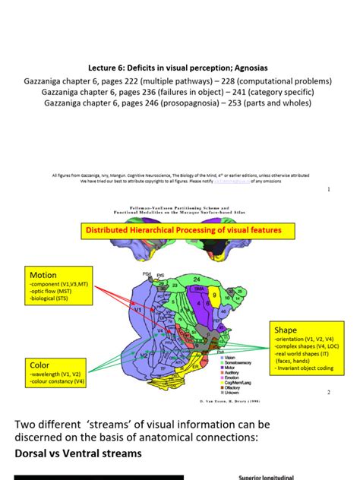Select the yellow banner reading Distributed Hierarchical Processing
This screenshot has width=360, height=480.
pyautogui.click(x=182, y=230)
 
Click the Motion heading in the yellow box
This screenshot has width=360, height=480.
pyautogui.click(x=43, y=274)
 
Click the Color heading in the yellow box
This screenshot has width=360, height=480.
pyautogui.click(x=39, y=365)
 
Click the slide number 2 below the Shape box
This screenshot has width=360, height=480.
pyautogui.click(x=328, y=393)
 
